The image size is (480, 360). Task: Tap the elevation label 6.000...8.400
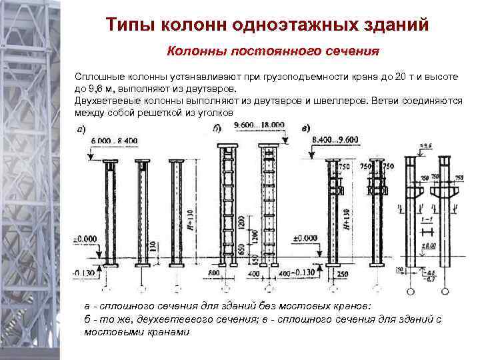click(x=101, y=140)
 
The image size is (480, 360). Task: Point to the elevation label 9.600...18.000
click(x=259, y=125)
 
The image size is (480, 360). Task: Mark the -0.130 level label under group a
click(x=85, y=273)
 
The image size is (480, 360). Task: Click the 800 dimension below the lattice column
click(x=214, y=273)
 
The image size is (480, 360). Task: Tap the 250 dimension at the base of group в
click(x=343, y=274)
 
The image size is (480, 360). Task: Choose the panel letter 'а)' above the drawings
click(x=81, y=128)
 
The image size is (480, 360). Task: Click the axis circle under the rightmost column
click(x=446, y=290)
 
